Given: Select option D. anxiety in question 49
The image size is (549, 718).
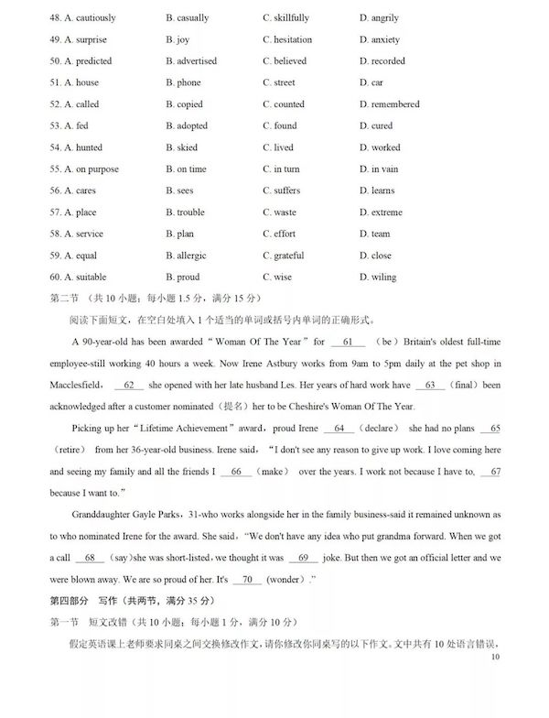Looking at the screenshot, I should (x=379, y=40).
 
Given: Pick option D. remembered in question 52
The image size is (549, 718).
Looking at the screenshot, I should (x=390, y=104).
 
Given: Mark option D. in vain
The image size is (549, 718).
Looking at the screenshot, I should (x=378, y=169).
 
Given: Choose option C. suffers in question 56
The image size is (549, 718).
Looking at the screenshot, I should (x=281, y=190).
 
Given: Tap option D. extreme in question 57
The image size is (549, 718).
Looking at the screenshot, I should (x=381, y=212).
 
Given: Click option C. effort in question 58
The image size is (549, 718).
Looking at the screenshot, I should (x=278, y=234).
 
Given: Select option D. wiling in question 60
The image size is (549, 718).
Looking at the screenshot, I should (x=378, y=277).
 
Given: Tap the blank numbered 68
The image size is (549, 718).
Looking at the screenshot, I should (x=90, y=558).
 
